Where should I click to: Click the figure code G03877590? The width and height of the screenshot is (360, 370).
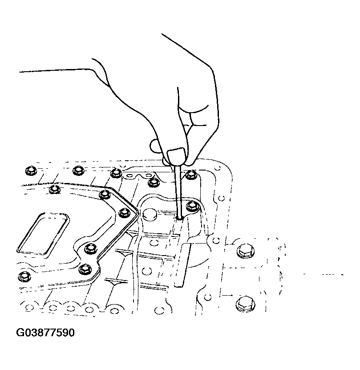tap(45, 333)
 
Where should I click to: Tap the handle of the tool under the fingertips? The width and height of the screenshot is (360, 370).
tap(176, 156)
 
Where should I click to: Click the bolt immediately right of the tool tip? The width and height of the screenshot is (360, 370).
tap(192, 206)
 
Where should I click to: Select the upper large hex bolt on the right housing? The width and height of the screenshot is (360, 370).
tap(244, 251)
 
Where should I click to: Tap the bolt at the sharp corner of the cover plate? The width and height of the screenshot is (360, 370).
tap(125, 212)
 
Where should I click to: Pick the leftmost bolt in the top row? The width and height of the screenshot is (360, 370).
tap(30, 171)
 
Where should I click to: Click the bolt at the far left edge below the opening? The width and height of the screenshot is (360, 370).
tap(24, 276)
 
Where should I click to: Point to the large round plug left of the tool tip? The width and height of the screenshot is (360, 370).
tap(150, 215)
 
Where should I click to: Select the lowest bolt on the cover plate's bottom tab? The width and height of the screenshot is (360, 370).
tap(85, 269)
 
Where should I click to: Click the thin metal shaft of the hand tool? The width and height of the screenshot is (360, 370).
tap(178, 191)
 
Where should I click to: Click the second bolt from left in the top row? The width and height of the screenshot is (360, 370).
tap(78, 171)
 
